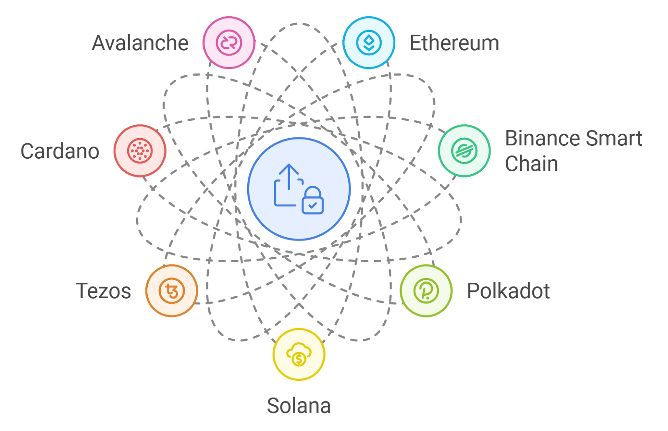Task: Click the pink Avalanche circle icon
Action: [x=229, y=43]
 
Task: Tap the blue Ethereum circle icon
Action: [x=369, y=43]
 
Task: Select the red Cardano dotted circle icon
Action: [x=140, y=150]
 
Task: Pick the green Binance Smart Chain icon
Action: [x=464, y=150]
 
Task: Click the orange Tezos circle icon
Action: [x=172, y=291]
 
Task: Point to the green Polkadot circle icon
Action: [x=426, y=291]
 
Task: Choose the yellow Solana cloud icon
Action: [x=299, y=354]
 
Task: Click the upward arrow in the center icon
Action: [x=288, y=175]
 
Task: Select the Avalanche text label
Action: [x=140, y=43]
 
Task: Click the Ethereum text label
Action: [x=454, y=43]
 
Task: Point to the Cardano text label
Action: [x=60, y=151]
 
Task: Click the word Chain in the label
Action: [x=531, y=164]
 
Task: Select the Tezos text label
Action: [x=103, y=291]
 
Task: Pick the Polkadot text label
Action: [x=508, y=291]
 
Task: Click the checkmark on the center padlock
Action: [x=312, y=205]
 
